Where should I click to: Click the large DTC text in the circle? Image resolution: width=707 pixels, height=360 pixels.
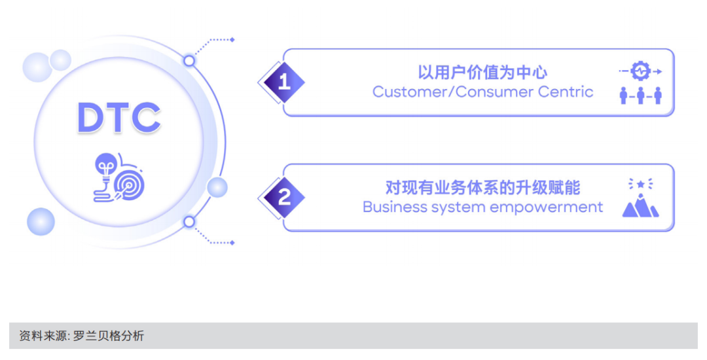(118, 118)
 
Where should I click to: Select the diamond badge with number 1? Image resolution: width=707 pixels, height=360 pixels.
(283, 82)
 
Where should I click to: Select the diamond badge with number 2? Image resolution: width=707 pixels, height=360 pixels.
(283, 197)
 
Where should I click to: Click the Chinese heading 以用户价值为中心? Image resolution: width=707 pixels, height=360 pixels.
(482, 72)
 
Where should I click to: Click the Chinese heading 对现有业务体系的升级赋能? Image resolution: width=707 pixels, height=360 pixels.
(482, 188)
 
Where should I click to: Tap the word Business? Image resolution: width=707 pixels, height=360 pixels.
(393, 207)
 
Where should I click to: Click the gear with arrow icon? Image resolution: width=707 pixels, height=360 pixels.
(640, 71)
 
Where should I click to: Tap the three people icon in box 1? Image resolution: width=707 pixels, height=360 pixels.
(640, 96)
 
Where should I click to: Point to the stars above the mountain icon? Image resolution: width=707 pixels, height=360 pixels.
(640, 185)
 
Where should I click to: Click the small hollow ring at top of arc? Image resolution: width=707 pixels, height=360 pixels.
(189, 61)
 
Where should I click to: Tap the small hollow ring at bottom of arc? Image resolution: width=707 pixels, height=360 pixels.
(189, 222)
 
